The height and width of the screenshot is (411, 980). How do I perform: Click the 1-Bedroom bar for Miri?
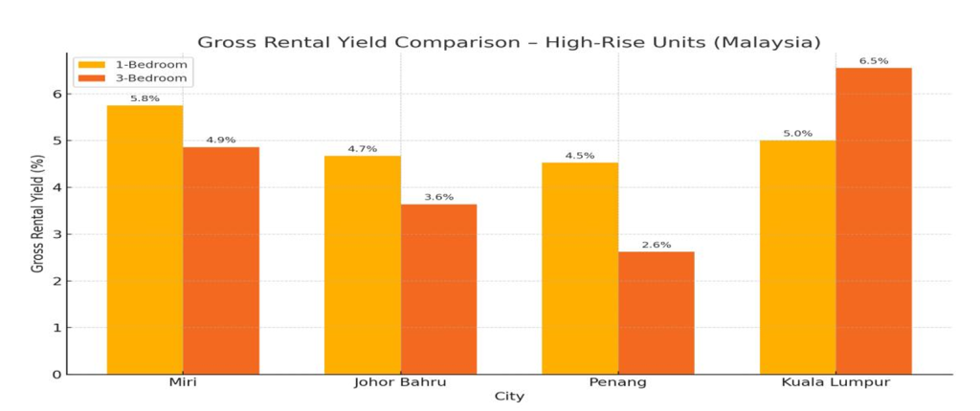pos(145,239)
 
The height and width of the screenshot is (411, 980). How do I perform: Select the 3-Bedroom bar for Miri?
pos(221,260)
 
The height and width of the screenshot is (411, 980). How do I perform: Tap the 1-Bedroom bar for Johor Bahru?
pos(362,265)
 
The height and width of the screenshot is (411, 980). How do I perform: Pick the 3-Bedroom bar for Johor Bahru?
pos(438,289)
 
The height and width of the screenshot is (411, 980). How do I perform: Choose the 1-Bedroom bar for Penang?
pos(580,268)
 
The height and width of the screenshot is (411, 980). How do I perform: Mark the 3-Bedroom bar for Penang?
pos(657,313)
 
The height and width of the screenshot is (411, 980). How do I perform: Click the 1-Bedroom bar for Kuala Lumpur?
pos(797,256)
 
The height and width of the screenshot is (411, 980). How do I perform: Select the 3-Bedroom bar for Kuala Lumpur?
pos(874,221)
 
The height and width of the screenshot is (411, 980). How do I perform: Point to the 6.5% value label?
pos(874,61)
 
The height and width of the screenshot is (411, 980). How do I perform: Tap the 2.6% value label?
pos(657,245)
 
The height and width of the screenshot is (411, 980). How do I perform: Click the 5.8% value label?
pos(145,98)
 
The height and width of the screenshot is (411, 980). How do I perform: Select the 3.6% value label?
pos(438,198)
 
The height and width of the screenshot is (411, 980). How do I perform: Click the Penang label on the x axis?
pos(618,382)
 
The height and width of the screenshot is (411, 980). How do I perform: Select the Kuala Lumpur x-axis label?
pos(835,382)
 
